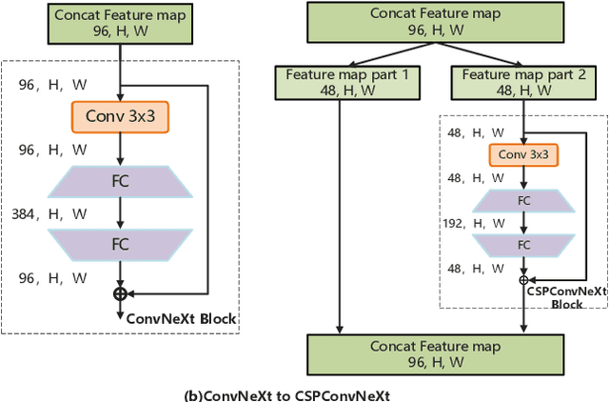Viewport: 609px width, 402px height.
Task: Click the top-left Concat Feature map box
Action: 120,24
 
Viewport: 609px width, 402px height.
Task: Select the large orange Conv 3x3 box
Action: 120,117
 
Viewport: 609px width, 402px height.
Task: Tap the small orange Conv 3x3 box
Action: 524,155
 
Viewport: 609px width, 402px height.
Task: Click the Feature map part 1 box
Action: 340,83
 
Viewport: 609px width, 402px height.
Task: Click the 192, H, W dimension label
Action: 467,222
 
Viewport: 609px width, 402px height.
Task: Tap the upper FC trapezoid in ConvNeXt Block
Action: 120,181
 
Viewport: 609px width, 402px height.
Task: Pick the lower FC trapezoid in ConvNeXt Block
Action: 120,244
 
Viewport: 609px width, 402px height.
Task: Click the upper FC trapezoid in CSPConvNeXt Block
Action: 524,201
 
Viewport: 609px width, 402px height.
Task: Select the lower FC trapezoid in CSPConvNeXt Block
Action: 524,245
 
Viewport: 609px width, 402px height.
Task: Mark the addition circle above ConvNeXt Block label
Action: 120,293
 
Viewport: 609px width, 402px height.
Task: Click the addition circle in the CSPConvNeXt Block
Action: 524,279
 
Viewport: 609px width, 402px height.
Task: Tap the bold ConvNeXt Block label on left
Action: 181,318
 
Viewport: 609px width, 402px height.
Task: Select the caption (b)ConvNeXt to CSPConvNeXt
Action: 286,393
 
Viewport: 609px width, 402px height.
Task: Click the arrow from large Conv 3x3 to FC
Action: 120,149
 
